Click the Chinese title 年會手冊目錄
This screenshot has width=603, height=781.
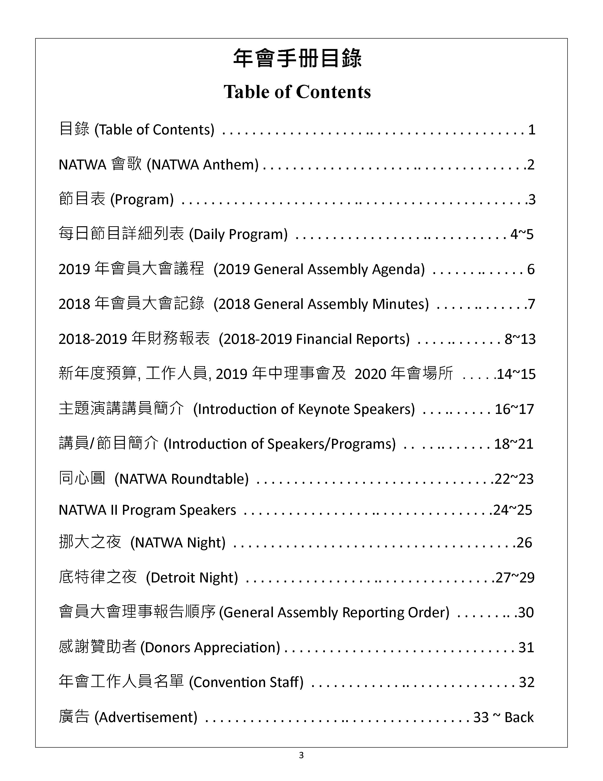297,58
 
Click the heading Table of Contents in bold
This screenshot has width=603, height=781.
297,92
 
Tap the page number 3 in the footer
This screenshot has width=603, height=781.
301,755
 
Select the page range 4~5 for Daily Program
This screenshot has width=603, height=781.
522,234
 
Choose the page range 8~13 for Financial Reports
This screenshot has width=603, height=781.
520,339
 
